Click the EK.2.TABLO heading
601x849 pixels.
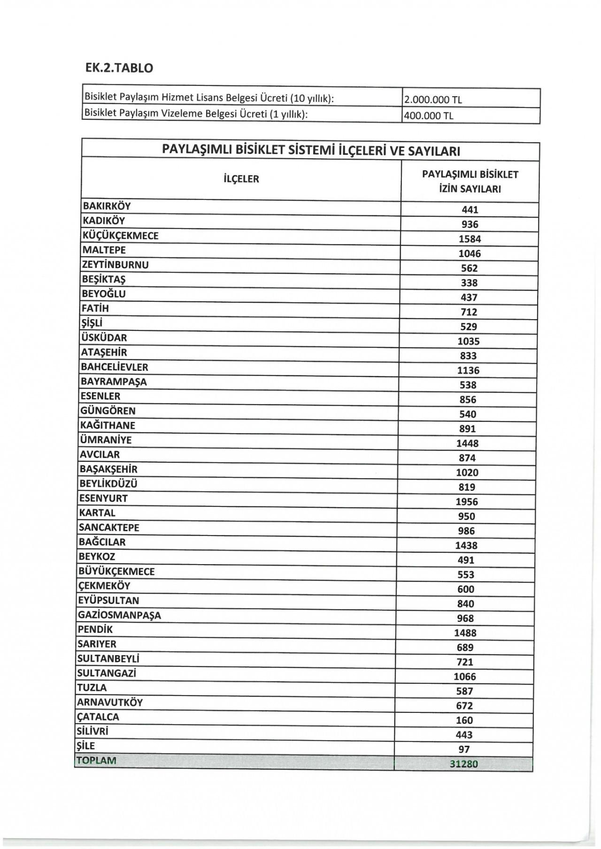click(119, 68)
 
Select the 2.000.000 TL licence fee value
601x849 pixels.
click(433, 99)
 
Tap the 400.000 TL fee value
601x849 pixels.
click(429, 115)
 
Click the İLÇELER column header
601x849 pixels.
click(241, 179)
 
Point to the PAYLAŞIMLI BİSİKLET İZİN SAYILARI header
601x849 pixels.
click(470, 182)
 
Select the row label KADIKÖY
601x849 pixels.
click(104, 221)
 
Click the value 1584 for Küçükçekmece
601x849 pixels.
click(470, 239)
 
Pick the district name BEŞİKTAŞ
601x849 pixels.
click(104, 279)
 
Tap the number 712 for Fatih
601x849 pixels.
click(469, 312)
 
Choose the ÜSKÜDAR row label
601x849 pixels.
click(104, 337)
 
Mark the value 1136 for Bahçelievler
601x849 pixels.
click(469, 370)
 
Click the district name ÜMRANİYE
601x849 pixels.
click(106, 440)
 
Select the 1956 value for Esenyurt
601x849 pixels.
click(467, 502)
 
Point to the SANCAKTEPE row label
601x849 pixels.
click(109, 528)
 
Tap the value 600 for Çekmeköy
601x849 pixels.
click(466, 589)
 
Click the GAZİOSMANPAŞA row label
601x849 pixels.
click(119, 615)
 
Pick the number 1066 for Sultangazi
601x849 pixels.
click(465, 676)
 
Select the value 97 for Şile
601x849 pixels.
click(464, 750)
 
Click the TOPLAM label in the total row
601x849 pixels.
click(96, 760)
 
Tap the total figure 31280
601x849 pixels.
click(463, 764)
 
